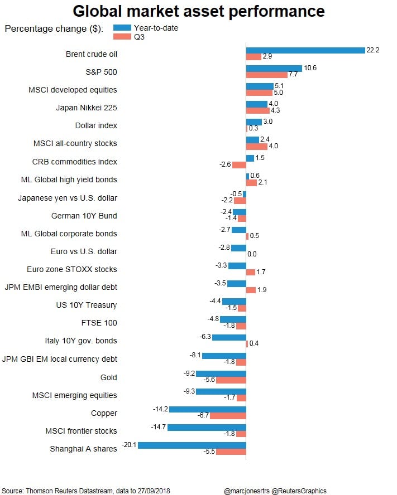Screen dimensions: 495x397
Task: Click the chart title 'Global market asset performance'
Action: point(198,11)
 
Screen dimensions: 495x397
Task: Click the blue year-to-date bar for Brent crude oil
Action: point(305,50)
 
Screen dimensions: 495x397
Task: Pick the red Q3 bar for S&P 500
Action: point(266,75)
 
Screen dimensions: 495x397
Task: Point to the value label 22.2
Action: point(373,50)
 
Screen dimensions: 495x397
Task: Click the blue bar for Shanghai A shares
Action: point(192,445)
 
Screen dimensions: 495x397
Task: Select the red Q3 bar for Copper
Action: point(228,416)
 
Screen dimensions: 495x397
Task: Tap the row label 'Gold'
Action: point(108,377)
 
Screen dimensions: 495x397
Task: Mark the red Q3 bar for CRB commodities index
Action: point(239,165)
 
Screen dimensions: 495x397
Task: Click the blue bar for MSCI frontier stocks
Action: point(207,427)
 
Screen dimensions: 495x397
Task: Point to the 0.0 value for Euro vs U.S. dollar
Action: point(252,254)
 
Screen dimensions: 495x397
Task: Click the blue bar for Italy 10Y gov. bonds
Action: point(229,337)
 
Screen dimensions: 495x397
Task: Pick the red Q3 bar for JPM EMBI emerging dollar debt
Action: point(251,290)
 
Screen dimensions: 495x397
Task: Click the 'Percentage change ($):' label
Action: point(54,29)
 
